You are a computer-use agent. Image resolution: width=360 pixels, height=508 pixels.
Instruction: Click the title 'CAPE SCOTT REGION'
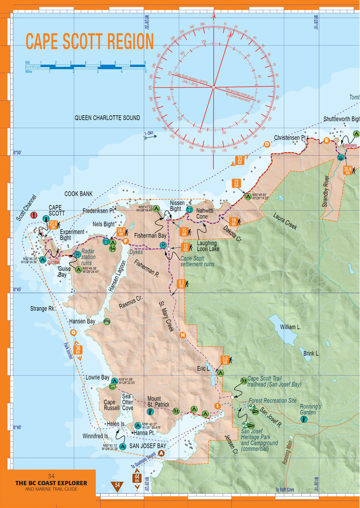[90, 42]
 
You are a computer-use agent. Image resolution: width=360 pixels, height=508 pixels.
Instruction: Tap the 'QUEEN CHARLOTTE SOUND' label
[107, 117]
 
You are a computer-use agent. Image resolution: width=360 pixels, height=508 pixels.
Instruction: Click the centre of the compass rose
[213, 87]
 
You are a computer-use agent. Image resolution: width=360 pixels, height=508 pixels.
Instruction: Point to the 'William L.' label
[290, 327]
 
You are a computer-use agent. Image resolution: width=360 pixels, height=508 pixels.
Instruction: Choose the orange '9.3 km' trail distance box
[181, 283]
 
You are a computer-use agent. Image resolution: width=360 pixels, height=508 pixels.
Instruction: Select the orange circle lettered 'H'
[183, 335]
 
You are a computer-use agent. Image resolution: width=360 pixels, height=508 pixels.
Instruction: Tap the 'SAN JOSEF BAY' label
[147, 446]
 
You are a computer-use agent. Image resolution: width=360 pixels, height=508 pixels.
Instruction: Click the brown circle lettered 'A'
[162, 453]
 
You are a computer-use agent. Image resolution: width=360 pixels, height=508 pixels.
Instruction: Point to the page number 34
[51, 476]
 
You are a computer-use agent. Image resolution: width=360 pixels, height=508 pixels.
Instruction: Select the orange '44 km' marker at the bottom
[137, 478]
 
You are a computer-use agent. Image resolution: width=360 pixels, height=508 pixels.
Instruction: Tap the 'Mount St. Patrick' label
[158, 401]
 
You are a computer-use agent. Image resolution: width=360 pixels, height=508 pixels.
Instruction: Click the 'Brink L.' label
[312, 354]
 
